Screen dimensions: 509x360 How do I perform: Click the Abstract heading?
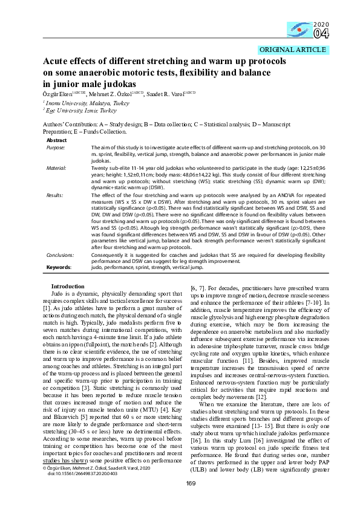57,140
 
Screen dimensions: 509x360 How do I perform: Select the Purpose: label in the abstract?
56,148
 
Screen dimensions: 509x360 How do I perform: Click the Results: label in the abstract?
55,195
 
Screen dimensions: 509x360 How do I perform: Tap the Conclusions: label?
60,254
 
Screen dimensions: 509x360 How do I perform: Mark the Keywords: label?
59,266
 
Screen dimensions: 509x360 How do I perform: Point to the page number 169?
180,499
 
